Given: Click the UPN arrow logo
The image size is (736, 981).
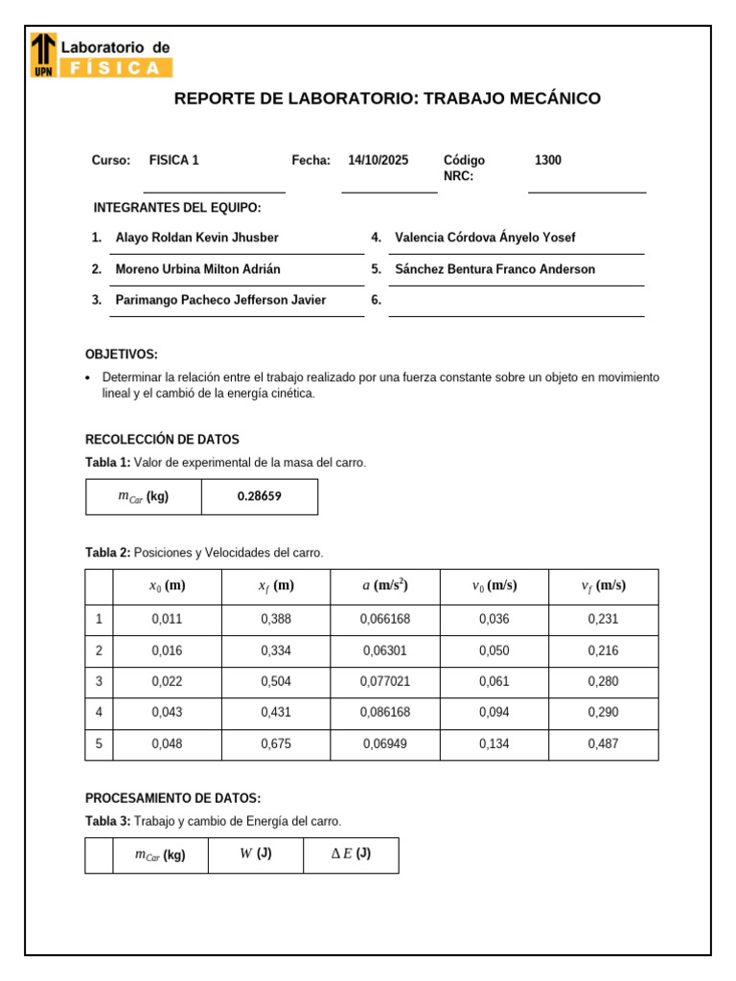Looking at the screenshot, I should [43, 55].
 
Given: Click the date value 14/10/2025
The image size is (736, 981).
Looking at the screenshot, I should [378, 161].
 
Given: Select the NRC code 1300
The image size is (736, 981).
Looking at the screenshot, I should [548, 161].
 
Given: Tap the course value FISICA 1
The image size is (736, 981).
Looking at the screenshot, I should [174, 161].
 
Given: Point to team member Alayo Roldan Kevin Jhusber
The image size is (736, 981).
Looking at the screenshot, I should [196, 238].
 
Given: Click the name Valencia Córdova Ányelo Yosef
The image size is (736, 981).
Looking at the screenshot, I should [485, 238].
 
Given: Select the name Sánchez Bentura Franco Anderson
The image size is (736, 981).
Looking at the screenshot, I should [494, 269].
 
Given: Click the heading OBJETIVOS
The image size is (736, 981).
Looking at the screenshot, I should [122, 354].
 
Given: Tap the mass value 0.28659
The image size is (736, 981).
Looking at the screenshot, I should [260, 496].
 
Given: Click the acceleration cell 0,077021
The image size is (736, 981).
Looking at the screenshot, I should [385, 681].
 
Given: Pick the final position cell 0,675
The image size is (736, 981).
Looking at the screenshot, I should [276, 744].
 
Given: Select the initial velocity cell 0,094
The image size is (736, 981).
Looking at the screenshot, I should [494, 713].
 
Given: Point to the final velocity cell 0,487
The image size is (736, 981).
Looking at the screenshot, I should [604, 744].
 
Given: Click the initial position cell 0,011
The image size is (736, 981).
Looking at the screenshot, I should [167, 619].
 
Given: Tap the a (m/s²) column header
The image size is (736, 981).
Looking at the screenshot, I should [385, 586].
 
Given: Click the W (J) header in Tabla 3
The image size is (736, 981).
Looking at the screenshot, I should [256, 855].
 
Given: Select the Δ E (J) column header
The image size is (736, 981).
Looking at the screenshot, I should [351, 855].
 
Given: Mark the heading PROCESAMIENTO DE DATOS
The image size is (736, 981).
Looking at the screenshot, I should [172, 798].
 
